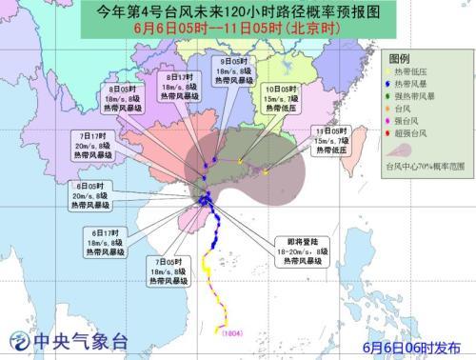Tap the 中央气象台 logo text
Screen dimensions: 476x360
pyautogui.click(x=68, y=342)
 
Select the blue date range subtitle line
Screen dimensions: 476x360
pyautogui.click(x=238, y=31)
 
